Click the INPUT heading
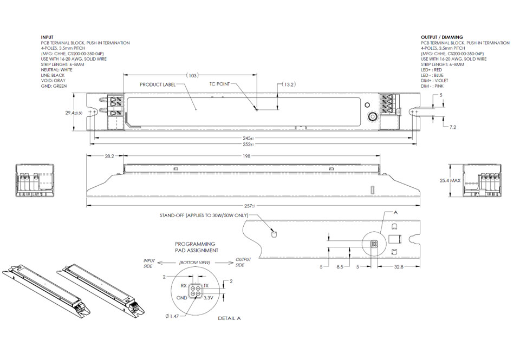(47, 37)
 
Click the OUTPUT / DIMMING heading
(442, 37)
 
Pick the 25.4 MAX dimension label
(450, 180)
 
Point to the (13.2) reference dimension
(290, 84)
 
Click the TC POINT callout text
(219, 84)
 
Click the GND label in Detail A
(181, 298)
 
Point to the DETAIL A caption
(229, 318)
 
